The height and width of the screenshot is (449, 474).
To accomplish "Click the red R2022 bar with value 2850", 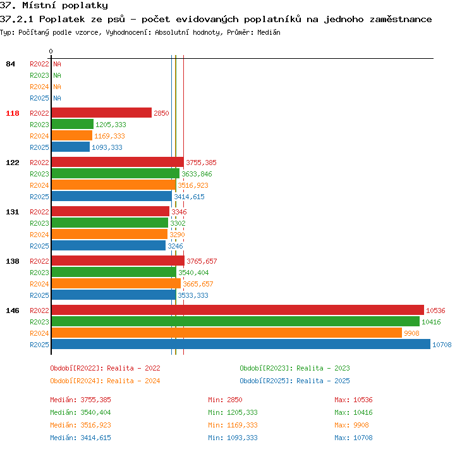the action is coord(102,113).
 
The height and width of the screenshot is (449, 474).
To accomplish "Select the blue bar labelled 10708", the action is coord(241,344).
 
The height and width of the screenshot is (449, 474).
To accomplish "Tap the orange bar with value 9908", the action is coord(227,333).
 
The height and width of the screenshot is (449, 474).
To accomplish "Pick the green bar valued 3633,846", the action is coord(116,174).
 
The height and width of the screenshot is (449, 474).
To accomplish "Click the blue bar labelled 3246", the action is coord(109,245).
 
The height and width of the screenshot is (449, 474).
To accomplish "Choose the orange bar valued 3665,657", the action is coord(116,283).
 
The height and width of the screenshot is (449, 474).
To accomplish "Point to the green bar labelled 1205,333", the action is coord(73,125).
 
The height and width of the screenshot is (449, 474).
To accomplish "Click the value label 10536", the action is coord(435,311).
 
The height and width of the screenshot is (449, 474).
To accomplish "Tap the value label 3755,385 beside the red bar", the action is coord(201,163).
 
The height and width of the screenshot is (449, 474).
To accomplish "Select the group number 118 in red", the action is coord(13,113).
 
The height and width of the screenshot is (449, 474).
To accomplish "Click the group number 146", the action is coord(13,311).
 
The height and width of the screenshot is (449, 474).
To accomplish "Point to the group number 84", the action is coord(11,64).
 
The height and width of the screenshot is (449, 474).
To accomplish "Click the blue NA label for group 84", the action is coord(57,98).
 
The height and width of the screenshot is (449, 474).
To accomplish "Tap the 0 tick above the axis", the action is coord(51,51).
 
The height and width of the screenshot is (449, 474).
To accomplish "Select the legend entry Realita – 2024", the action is coord(133,381).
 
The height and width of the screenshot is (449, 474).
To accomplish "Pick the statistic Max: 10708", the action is coord(353,438).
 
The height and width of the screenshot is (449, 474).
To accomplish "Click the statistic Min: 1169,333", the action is coord(233,425).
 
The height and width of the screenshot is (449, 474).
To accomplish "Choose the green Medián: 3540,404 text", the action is coord(80,412).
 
